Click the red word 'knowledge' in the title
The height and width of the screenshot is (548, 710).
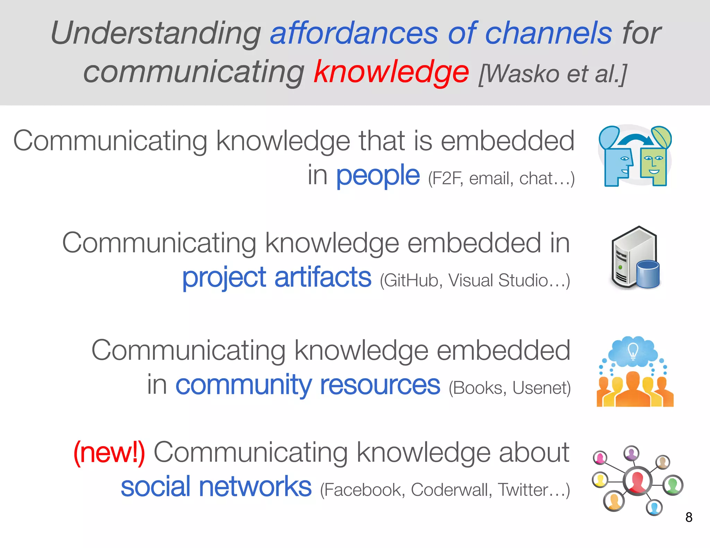(391, 72)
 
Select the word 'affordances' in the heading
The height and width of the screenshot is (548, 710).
(354, 33)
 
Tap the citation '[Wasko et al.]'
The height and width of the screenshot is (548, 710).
(553, 74)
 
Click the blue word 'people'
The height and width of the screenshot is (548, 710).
(378, 176)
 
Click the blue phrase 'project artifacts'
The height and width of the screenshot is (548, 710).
(277, 277)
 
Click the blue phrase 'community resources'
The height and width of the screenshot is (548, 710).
(308, 385)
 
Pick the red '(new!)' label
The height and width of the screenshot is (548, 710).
(109, 452)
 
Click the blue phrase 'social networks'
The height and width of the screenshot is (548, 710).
(216, 487)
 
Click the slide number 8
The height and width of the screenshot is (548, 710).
(689, 517)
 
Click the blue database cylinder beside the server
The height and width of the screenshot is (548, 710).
(648, 274)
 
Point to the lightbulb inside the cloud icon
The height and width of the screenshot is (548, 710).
(633, 350)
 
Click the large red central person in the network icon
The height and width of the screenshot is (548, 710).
(637, 481)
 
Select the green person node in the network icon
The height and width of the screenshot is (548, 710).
(673, 485)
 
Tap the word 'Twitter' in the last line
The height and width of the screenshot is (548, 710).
(523, 490)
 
